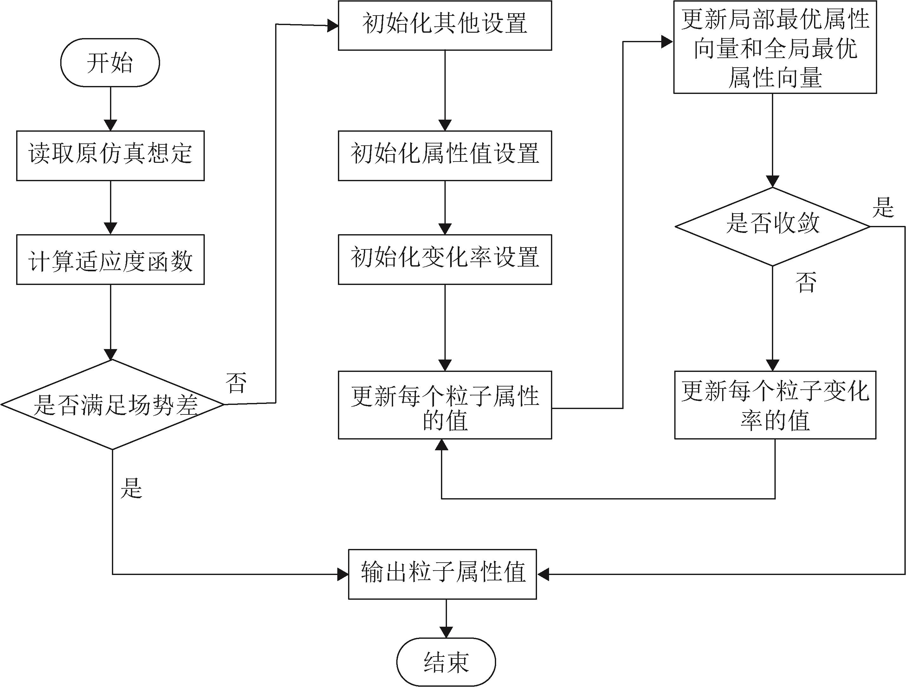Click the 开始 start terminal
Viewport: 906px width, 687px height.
click(x=110, y=63)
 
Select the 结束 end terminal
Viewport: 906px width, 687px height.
click(x=446, y=662)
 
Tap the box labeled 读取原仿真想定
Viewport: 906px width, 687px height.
click(x=110, y=156)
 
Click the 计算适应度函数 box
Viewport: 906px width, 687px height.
click(x=110, y=260)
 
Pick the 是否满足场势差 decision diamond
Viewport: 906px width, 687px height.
click(x=113, y=405)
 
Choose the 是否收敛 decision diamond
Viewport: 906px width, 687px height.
click(x=773, y=226)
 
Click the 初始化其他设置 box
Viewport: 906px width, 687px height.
click(x=445, y=25)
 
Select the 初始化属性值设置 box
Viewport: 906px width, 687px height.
click(x=445, y=156)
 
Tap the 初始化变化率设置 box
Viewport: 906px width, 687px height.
click(x=445, y=260)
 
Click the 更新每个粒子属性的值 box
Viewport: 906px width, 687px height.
click(x=445, y=405)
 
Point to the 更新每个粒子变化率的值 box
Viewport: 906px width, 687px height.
click(x=775, y=405)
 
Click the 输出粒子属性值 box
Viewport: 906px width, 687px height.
click(x=442, y=574)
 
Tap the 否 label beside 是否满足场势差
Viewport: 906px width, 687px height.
click(x=236, y=383)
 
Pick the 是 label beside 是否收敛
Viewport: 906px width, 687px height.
click(x=883, y=208)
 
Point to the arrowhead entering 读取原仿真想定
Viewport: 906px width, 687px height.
click(x=111, y=125)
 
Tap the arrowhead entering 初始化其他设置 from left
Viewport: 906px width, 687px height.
click(x=333, y=27)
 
